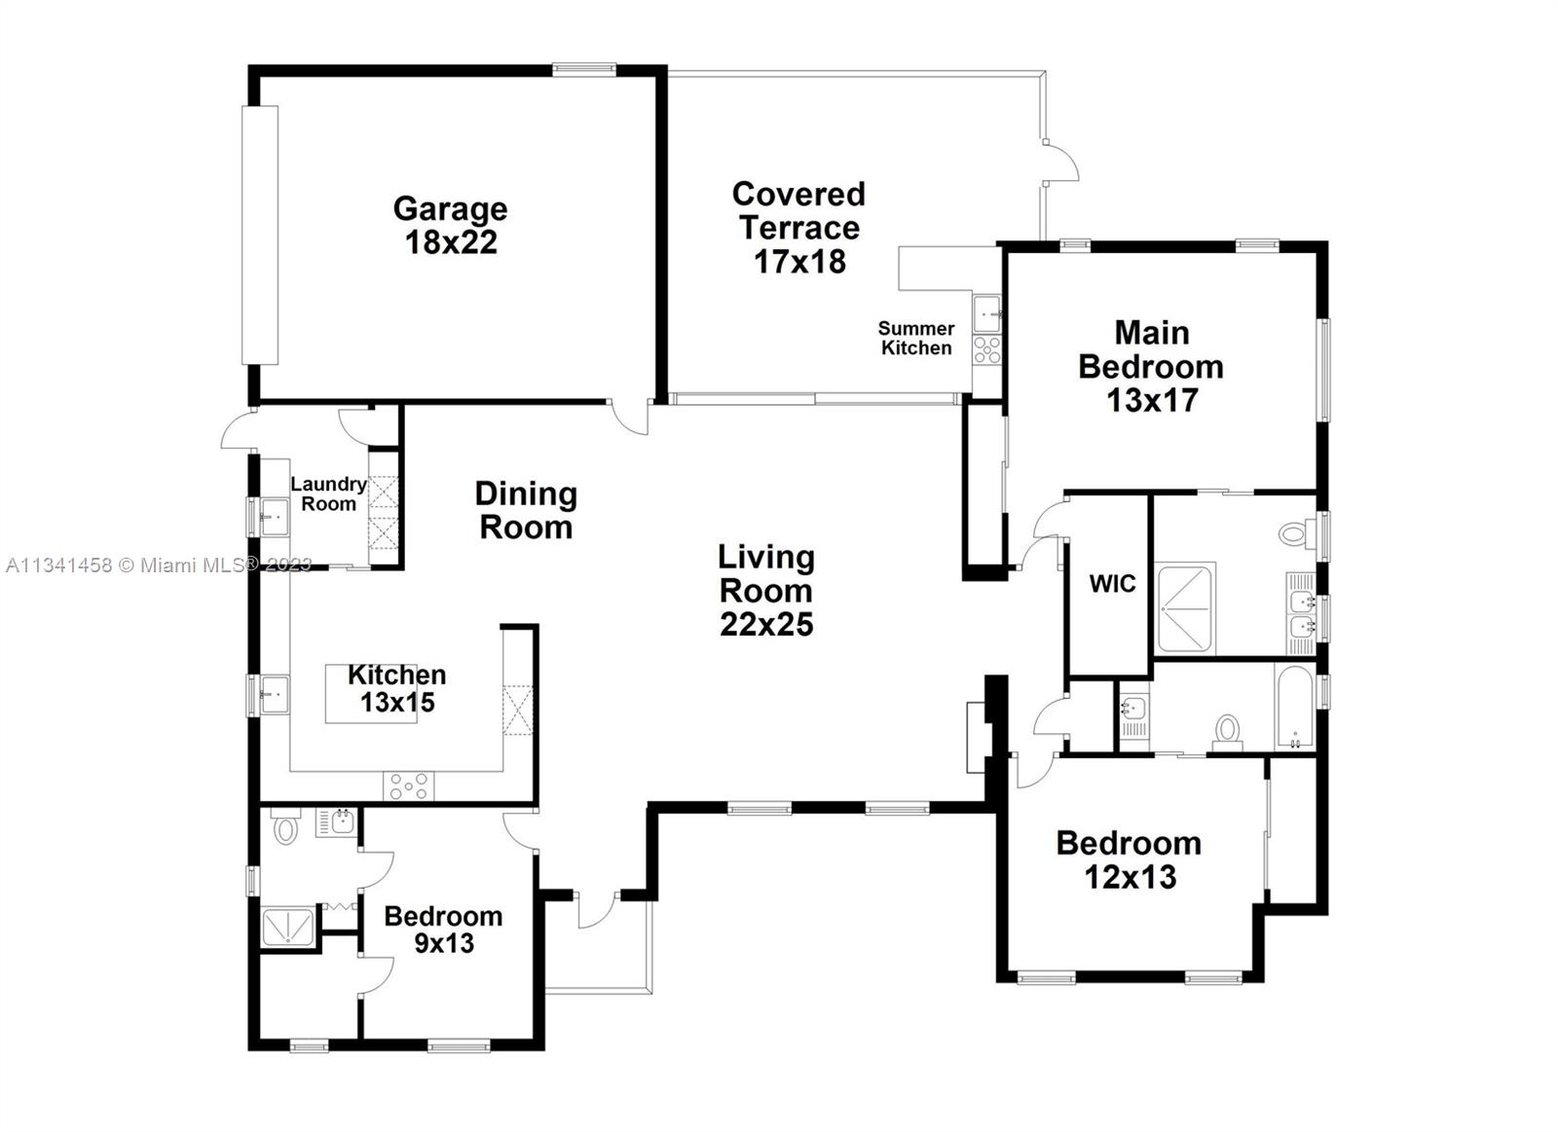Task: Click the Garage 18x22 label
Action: pyautogui.click(x=451, y=225)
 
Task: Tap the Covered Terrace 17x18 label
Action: pyautogui.click(x=799, y=228)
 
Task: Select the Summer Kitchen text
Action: pyautogui.click(x=916, y=338)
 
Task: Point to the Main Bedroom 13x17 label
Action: pyautogui.click(x=1151, y=366)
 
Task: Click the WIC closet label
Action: pyautogui.click(x=1113, y=583)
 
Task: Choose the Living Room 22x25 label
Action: pyautogui.click(x=765, y=591)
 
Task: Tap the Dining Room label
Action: pyautogui.click(x=526, y=510)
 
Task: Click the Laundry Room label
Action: pyautogui.click(x=328, y=493)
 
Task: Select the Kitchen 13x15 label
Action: pyautogui.click(x=397, y=688)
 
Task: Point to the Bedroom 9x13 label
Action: pyautogui.click(x=443, y=930)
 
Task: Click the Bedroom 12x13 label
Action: pyautogui.click(x=1129, y=860)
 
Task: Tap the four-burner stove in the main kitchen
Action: pyautogui.click(x=408, y=785)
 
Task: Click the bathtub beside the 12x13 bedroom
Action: pyautogui.click(x=1294, y=705)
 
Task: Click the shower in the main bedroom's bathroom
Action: pyautogui.click(x=1185, y=607)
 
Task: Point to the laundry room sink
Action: pyautogui.click(x=275, y=517)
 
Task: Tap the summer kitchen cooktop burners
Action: pyautogui.click(x=986, y=349)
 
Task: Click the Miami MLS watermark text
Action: pyautogui.click(x=159, y=566)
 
